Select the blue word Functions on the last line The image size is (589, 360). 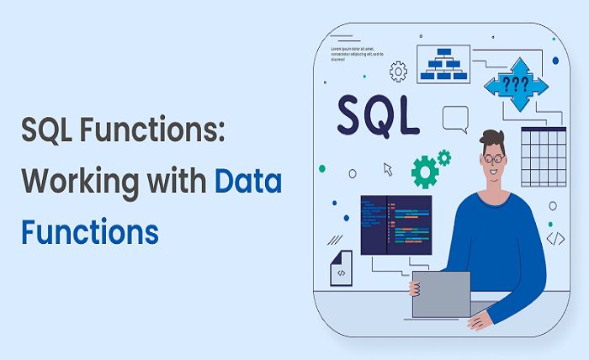point(90,229)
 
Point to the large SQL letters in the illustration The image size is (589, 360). point(378,114)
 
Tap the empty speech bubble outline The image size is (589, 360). point(455,118)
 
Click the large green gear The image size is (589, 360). point(425,172)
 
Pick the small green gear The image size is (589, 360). point(443,156)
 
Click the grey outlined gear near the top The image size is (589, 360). point(399,71)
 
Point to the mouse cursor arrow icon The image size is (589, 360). point(388,169)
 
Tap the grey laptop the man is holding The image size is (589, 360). point(440,294)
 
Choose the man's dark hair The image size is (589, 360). point(491,139)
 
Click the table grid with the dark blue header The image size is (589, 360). point(544,156)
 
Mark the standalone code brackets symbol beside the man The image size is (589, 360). point(555,238)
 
